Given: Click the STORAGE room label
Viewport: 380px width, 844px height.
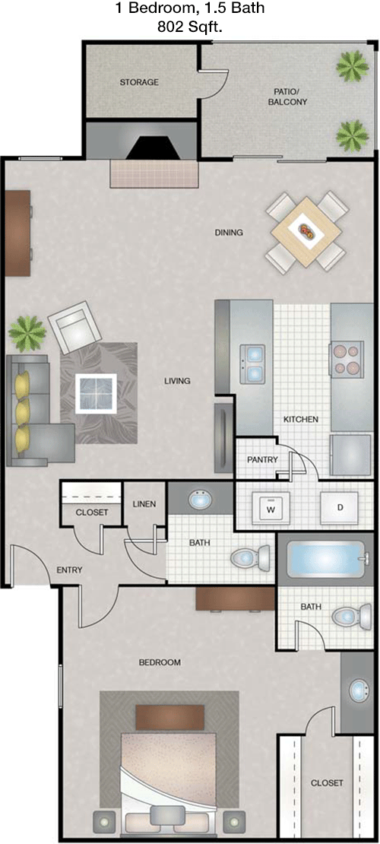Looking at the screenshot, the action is coord(139,82).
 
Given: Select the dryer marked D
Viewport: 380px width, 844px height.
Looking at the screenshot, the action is coord(340,508).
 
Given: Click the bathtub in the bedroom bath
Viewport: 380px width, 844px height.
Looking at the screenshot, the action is coord(328,560).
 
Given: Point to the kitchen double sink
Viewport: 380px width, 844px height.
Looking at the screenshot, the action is coord(252,364).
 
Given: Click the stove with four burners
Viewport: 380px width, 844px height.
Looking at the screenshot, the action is coord(346,360).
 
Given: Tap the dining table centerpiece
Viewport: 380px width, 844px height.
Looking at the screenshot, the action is coord(306,231).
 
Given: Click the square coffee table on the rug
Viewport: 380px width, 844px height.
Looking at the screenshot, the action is coord(96,393).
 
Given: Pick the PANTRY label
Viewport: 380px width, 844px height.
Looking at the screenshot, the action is coord(262,460).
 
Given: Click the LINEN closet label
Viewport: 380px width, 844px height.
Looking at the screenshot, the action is coord(144,504).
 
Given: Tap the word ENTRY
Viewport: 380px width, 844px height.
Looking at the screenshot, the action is coord(69,570).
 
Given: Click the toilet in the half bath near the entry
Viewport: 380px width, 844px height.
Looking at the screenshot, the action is coord(250,557).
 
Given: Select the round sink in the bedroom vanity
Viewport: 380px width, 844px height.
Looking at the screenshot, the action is coord(359,690).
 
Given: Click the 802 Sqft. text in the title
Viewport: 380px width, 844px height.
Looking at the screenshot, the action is coord(190,29).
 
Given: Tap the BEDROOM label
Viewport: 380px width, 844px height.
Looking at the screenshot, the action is coord(160,662).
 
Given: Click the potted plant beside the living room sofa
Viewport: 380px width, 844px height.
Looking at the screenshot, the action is coord(27,333).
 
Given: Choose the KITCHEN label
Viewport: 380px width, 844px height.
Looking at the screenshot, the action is coord(302,419).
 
